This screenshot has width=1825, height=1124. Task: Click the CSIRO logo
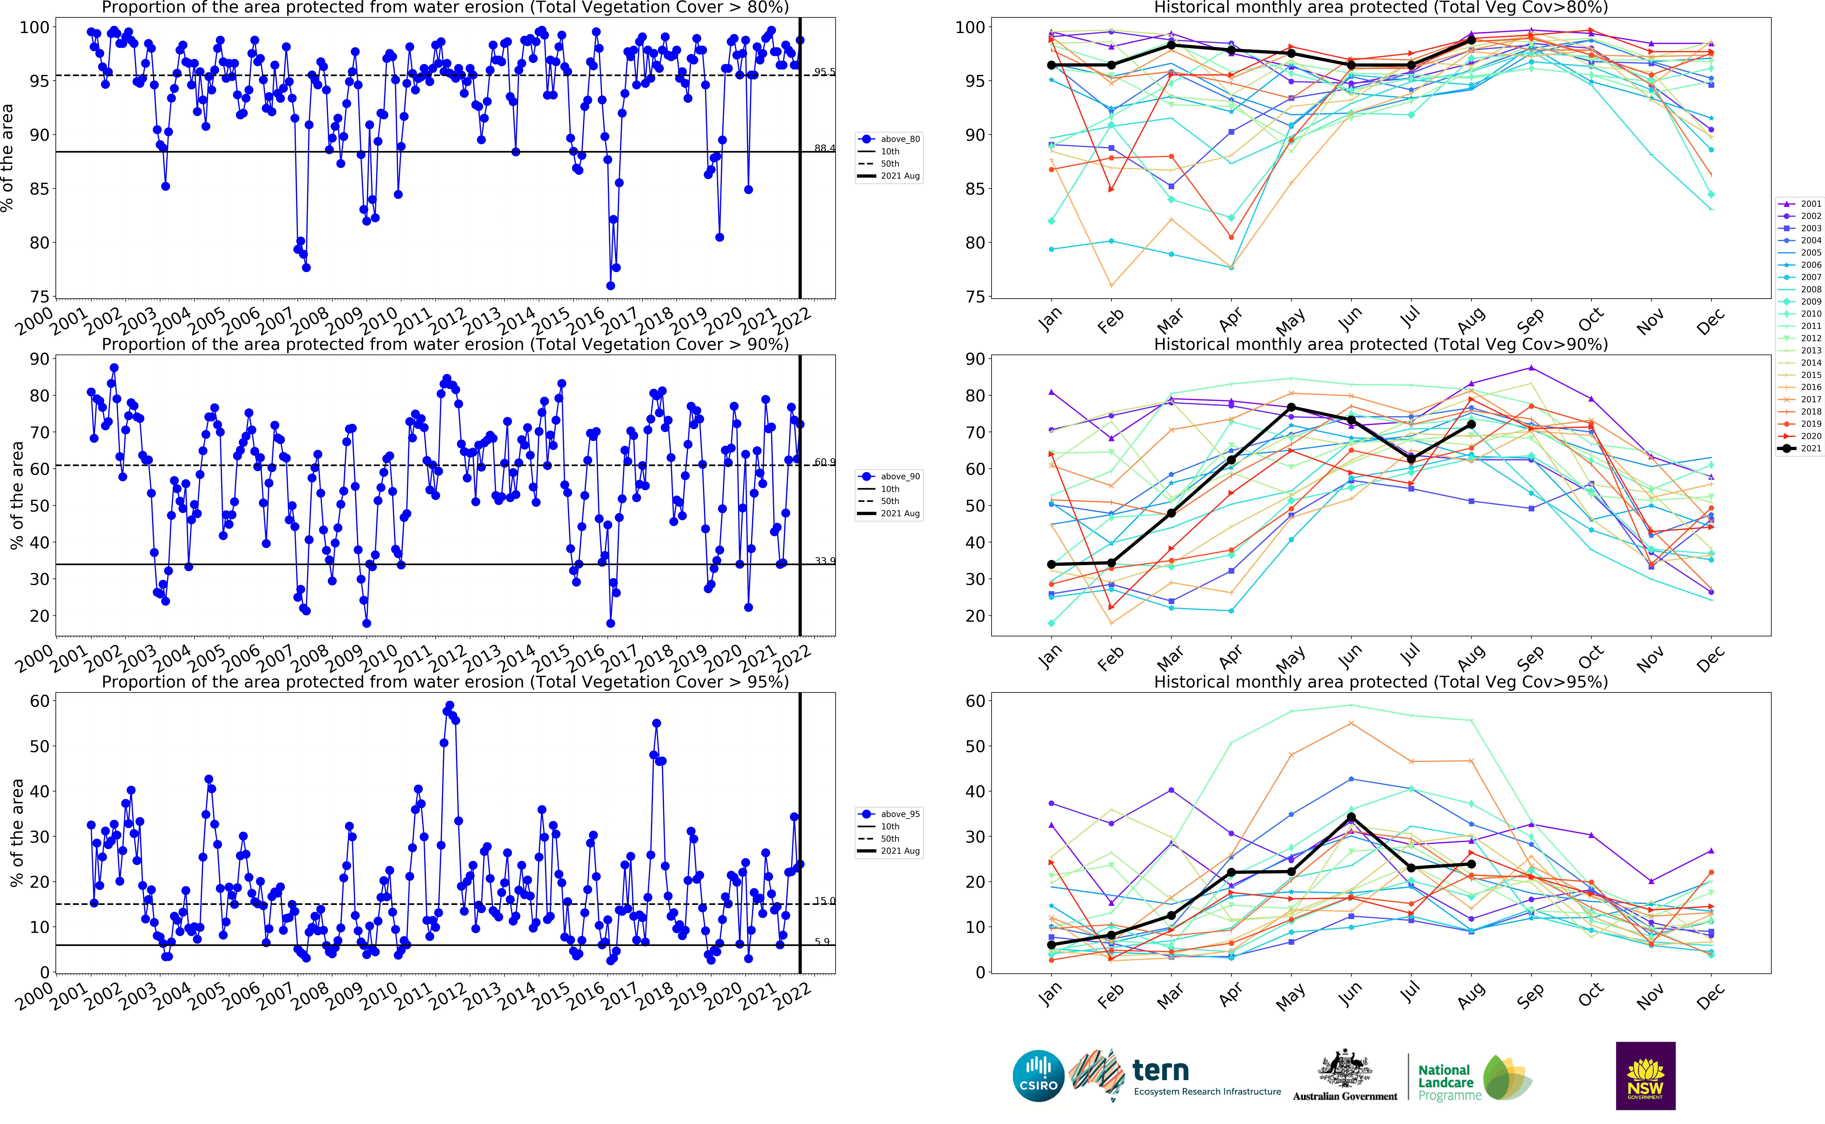1038,1076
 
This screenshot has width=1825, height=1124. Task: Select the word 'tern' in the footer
1160,1070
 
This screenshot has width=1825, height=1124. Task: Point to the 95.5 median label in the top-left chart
824,72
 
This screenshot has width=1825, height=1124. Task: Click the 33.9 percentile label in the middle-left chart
824,560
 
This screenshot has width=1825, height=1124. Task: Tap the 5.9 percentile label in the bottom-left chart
822,941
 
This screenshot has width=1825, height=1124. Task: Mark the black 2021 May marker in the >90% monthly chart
1291,407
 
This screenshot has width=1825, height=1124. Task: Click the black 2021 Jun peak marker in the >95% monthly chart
1351,817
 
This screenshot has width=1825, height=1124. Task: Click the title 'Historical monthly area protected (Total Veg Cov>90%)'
1380,344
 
